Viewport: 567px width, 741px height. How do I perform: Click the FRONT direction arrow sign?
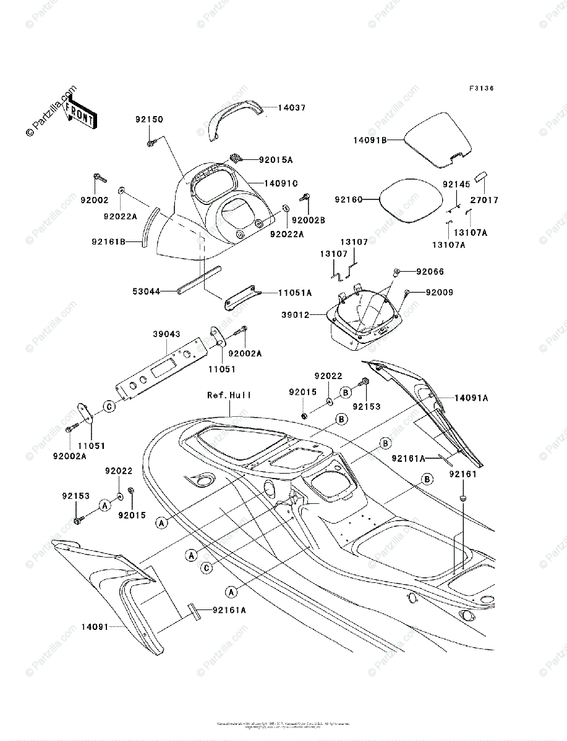(79, 114)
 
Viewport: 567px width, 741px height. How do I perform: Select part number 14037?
(291, 107)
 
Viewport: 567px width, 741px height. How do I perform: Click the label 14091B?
(370, 140)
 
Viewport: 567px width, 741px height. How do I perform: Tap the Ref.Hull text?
(229, 395)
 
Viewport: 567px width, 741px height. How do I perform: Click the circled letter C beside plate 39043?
(109, 406)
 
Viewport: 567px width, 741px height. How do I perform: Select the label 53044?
(147, 290)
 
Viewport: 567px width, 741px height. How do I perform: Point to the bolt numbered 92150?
(151, 143)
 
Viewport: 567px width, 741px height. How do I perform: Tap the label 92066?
(430, 272)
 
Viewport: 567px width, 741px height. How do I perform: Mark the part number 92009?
(438, 291)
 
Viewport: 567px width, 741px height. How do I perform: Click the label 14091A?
(472, 398)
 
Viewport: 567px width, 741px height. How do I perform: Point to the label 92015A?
(276, 159)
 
